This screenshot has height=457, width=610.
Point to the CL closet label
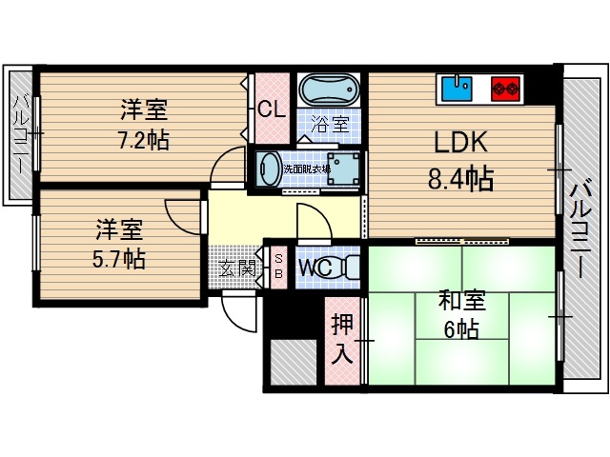point(272,109)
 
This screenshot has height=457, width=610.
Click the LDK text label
point(461,144)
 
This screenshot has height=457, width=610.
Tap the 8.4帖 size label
point(462,178)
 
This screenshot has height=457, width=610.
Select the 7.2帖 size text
point(144,141)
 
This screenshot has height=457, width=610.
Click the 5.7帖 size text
point(119,258)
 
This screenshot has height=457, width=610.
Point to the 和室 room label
point(461,301)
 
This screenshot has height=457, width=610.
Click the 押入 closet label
point(342,340)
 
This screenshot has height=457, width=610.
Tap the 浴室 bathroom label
point(331,123)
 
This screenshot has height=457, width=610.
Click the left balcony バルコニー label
point(18,133)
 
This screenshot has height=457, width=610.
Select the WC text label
point(315,268)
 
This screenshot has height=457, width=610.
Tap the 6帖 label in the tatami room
point(459,330)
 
